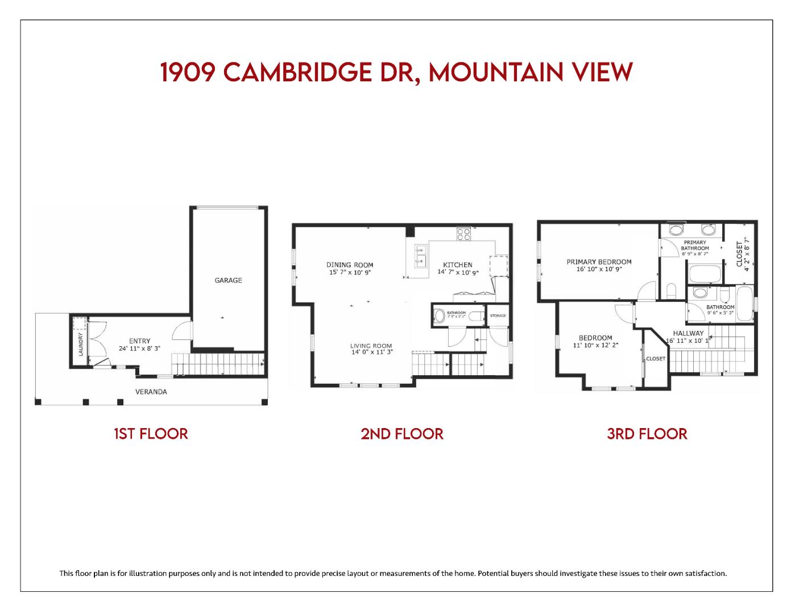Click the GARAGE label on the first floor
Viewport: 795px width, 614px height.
point(228,280)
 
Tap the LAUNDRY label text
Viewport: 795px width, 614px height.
point(81,344)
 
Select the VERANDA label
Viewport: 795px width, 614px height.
point(151,392)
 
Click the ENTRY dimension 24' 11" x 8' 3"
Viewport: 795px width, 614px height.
point(139,349)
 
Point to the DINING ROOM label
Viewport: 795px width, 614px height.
point(350,265)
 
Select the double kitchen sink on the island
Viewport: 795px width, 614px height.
point(420,256)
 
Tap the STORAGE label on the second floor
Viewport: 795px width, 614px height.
point(498,316)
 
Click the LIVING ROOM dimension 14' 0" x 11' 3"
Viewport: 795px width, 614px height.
point(371,352)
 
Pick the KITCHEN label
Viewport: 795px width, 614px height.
point(458,265)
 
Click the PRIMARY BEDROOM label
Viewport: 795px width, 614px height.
point(599,262)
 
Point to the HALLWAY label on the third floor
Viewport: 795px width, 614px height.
point(688,333)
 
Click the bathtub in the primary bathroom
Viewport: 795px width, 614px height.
point(705,273)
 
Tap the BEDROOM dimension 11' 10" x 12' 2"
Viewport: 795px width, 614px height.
point(595,345)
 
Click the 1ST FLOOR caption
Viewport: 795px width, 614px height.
point(151,434)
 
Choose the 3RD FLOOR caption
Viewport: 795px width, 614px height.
point(647,434)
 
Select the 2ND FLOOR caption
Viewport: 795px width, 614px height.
point(401,434)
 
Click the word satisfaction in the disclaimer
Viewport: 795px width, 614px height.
point(705,573)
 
